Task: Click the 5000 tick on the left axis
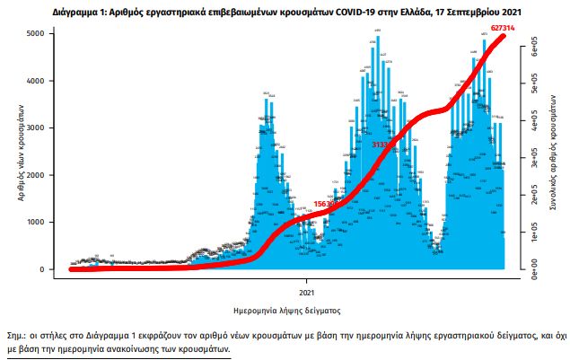pos(42,34)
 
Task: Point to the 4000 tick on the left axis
pos(42,81)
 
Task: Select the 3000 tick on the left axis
pos(42,128)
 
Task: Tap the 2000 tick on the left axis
pos(42,175)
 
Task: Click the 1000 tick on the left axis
pos(42,223)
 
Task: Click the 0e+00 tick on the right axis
pos(533,268)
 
